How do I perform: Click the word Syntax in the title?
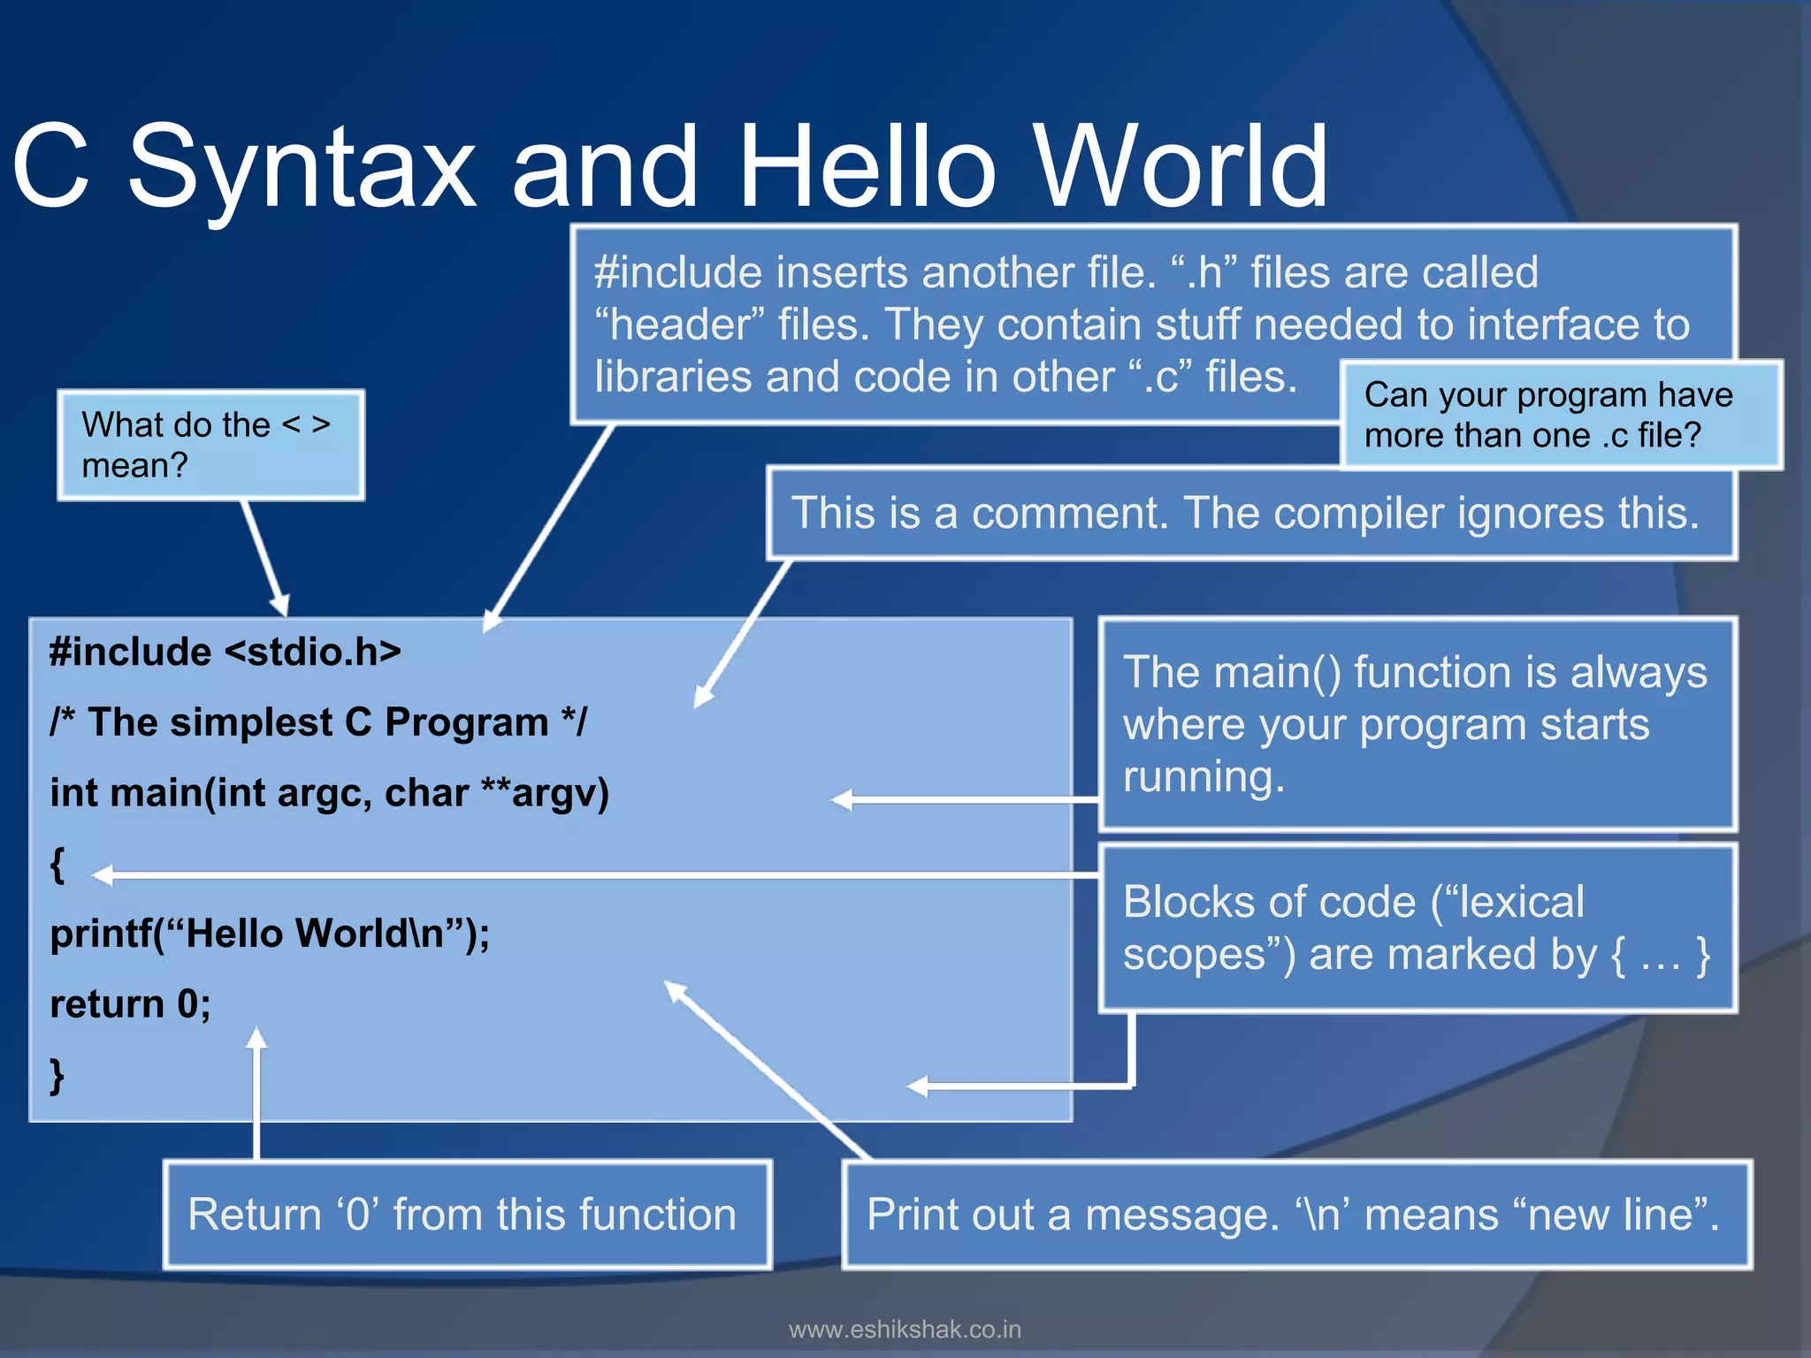pyautogui.click(x=302, y=168)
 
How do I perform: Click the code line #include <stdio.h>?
pyautogui.click(x=225, y=652)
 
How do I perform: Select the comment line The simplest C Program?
pyautogui.click(x=318, y=722)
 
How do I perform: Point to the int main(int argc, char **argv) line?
pyautogui.click(x=329, y=793)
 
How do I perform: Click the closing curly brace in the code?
pyautogui.click(x=57, y=1075)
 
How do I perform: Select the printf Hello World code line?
pyautogui.click(x=270, y=934)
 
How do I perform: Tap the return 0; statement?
pyautogui.click(x=130, y=1004)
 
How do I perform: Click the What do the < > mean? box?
pyautogui.click(x=210, y=445)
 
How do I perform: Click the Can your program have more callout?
pyautogui.click(x=1561, y=415)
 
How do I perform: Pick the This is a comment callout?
pyautogui.click(x=1250, y=514)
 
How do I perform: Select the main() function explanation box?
pyautogui.click(x=1417, y=724)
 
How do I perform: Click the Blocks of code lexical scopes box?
pyautogui.click(x=1417, y=928)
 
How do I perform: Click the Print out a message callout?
pyautogui.click(x=1296, y=1215)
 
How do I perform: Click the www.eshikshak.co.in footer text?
pyautogui.click(x=905, y=1330)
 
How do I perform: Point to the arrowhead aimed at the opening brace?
pyautogui.click(x=103, y=875)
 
